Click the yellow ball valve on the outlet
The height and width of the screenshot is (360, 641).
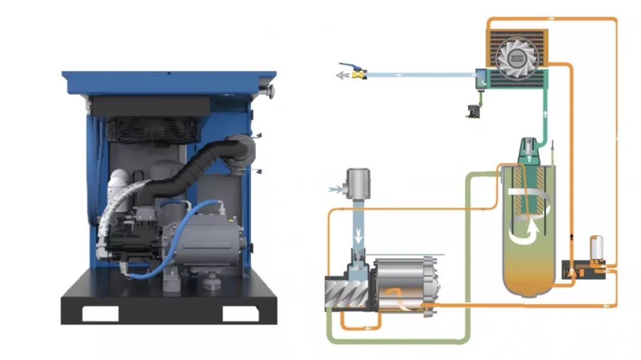tap(358, 75)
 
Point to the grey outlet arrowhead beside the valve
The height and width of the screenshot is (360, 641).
tap(341, 76)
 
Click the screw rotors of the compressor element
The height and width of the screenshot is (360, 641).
tap(348, 294)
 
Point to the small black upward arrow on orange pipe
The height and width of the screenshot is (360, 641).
tap(572, 235)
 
